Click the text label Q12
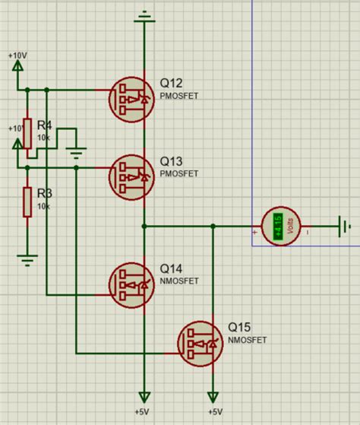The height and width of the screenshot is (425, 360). click(x=171, y=83)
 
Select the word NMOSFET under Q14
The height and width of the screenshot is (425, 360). click(x=179, y=281)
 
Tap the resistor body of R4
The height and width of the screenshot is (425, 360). click(x=27, y=132)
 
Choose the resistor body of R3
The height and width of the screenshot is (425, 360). click(x=27, y=201)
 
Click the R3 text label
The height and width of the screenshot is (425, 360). click(x=44, y=195)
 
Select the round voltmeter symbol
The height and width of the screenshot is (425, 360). click(x=280, y=226)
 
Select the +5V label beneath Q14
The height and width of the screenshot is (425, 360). click(x=144, y=411)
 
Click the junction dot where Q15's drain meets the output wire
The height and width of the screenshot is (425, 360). click(x=213, y=226)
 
